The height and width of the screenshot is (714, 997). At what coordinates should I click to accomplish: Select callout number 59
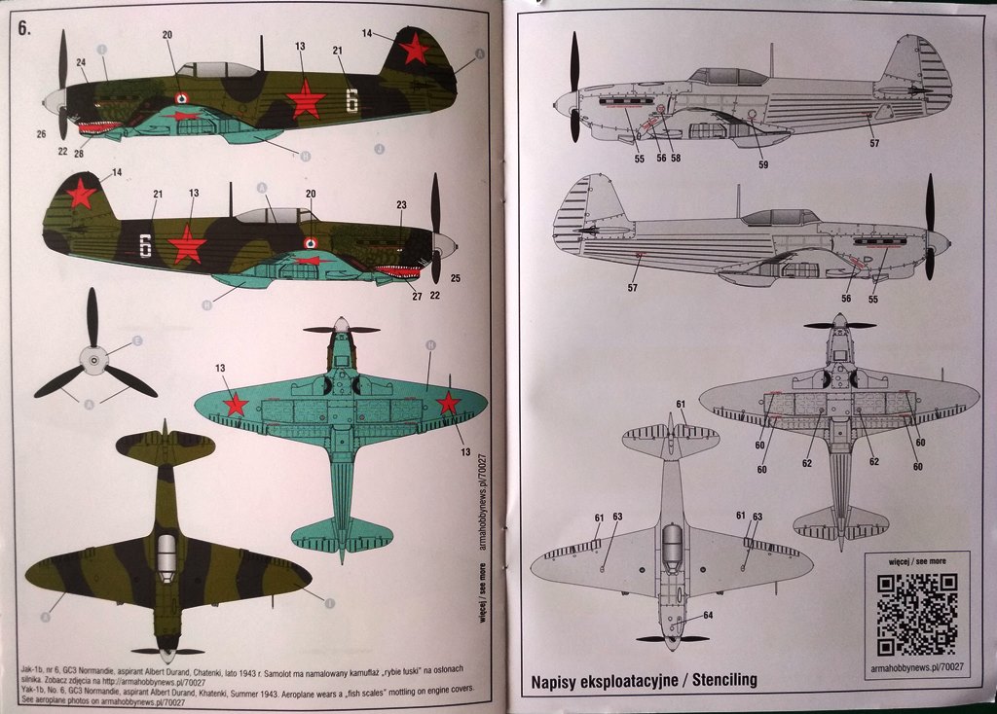click(x=763, y=165)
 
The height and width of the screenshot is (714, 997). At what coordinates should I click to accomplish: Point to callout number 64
click(x=708, y=615)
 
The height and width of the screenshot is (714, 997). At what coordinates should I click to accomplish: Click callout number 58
click(x=676, y=158)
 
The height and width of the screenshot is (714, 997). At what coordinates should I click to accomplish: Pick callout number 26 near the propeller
click(x=42, y=133)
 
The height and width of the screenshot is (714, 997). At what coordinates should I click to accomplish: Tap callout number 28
click(x=78, y=153)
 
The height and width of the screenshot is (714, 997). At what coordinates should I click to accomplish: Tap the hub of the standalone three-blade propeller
click(x=93, y=362)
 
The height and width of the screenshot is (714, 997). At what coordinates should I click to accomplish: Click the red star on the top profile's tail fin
click(x=416, y=48)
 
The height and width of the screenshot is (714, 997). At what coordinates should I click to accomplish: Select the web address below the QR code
click(x=916, y=666)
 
